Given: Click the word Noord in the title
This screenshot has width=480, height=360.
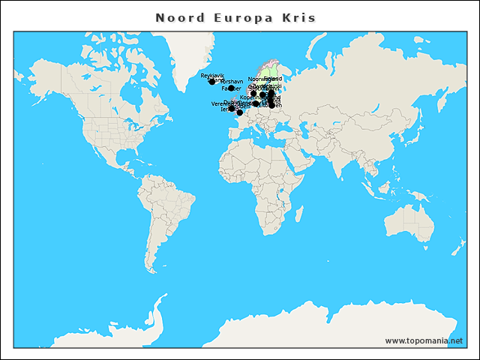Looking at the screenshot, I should (x=180, y=18).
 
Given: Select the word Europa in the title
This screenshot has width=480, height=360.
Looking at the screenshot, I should (x=238, y=18).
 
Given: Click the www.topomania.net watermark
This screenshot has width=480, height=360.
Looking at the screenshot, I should (x=424, y=340).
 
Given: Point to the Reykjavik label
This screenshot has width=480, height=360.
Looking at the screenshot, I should (x=212, y=76).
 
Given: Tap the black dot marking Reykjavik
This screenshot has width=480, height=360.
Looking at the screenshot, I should (x=211, y=81).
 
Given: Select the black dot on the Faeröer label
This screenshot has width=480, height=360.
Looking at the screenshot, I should (x=231, y=88).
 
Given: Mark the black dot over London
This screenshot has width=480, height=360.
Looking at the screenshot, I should (x=239, y=112).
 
